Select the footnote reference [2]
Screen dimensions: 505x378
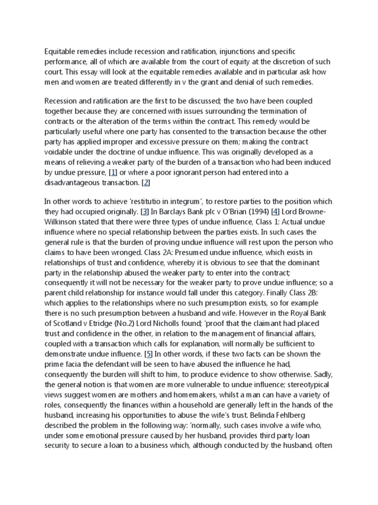[146, 183]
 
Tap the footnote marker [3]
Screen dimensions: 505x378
[145, 212]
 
